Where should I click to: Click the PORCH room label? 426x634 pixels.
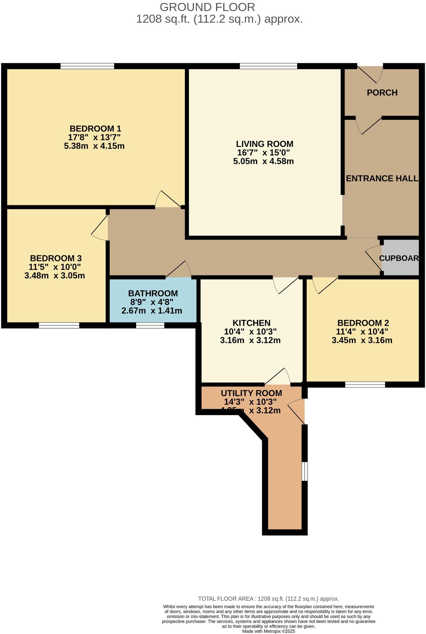pyautogui.click(x=382, y=93)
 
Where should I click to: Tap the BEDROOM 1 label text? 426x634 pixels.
pyautogui.click(x=95, y=129)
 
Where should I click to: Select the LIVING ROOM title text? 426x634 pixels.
pyautogui.click(x=264, y=144)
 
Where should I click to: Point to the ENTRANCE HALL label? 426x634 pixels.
pyautogui.click(x=382, y=179)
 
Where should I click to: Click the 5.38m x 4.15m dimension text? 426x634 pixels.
pyautogui.click(x=94, y=146)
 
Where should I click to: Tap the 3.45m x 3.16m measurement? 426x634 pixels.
pyautogui.click(x=362, y=340)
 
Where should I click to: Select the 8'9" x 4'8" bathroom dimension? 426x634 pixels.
pyautogui.click(x=152, y=302)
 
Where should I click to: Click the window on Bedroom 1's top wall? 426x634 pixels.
pyautogui.click(x=87, y=66)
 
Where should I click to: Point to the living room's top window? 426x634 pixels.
pyautogui.click(x=268, y=66)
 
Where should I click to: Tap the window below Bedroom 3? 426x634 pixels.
pyautogui.click(x=59, y=325)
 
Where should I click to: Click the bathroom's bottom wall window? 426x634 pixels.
pyautogui.click(x=150, y=325)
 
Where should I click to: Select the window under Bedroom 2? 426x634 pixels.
pyautogui.click(x=365, y=384)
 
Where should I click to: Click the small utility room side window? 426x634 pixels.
pyautogui.click(x=304, y=471)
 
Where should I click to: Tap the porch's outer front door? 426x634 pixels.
pyautogui.click(x=370, y=74)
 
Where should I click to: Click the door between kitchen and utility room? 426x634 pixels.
pyautogui.click(x=277, y=377)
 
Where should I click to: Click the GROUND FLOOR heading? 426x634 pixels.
pyautogui.click(x=207, y=7)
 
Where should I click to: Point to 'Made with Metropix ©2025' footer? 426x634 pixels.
pyautogui.click(x=268, y=631)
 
